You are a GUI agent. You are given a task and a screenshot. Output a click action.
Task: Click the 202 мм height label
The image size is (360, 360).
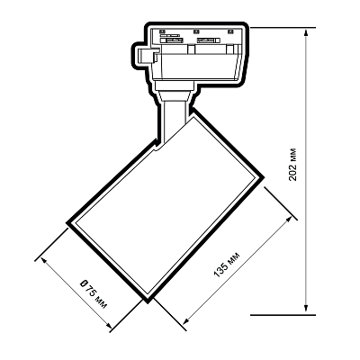coord(292,164)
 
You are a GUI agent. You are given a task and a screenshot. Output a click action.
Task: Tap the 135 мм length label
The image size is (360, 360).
coord(227,265)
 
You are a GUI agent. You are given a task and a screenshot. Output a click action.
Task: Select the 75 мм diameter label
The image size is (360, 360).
coord(95,296)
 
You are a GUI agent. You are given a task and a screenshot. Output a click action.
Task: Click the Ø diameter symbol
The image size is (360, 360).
coord(83,283)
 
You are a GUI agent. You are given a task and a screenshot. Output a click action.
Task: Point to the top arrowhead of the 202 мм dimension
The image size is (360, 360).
coord(306,33)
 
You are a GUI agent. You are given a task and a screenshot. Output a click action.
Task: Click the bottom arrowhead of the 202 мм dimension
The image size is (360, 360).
coord(306,310)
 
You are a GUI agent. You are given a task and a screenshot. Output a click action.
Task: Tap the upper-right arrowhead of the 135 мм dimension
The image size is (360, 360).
coord(288,220)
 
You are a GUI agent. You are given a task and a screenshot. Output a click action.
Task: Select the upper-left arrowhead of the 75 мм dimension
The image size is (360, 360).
coord(44,260)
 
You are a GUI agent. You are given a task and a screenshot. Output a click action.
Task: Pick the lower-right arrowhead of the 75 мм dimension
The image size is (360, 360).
coord(108,325)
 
